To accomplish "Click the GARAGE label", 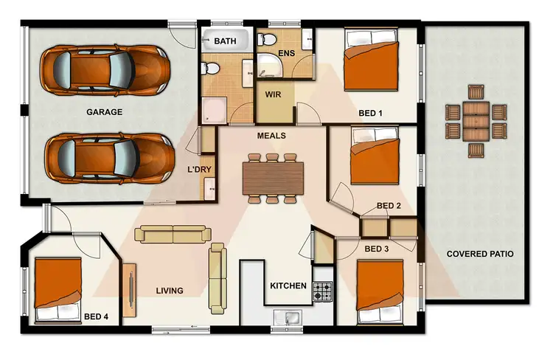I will [104, 112].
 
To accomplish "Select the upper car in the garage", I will [102, 72].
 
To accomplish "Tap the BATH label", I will [225, 42].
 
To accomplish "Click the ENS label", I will [287, 54].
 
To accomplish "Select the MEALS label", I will [271, 136].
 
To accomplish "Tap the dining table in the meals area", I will [272, 177].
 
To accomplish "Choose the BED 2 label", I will [389, 206].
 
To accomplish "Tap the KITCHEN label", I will [288, 285].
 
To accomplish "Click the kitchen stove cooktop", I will [322, 290].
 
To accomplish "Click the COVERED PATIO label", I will [480, 254].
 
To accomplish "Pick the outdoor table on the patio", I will [476, 121].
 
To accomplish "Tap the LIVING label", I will [169, 291].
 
